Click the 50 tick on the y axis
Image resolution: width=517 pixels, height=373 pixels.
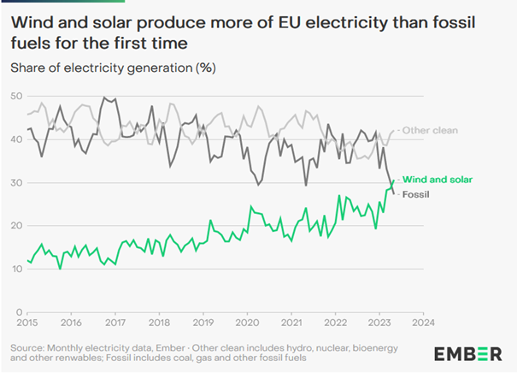click(16, 96)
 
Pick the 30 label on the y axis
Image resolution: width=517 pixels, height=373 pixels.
click(16, 183)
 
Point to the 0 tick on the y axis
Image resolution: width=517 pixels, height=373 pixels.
click(19, 313)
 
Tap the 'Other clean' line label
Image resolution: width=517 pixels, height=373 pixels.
click(432, 130)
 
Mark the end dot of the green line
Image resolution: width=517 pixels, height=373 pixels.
click(394, 180)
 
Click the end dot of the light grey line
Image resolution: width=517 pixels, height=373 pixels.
click(394, 131)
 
